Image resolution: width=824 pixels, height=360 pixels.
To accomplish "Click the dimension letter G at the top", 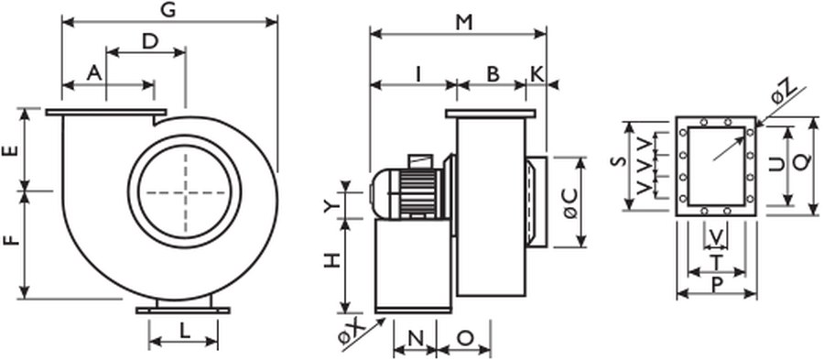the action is point(168,9).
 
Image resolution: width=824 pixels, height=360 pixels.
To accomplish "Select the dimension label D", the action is point(150,41).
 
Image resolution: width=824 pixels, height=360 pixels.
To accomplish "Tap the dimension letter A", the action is point(94,73).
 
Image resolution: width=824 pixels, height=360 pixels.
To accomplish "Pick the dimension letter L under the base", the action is point(184,331).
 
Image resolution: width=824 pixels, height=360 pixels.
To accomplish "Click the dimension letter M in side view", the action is point(464,22).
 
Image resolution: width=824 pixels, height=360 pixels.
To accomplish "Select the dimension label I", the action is point(418,74).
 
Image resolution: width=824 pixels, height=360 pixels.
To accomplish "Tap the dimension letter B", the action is point(493,74).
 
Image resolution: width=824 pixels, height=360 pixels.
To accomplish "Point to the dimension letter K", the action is point(537,74).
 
